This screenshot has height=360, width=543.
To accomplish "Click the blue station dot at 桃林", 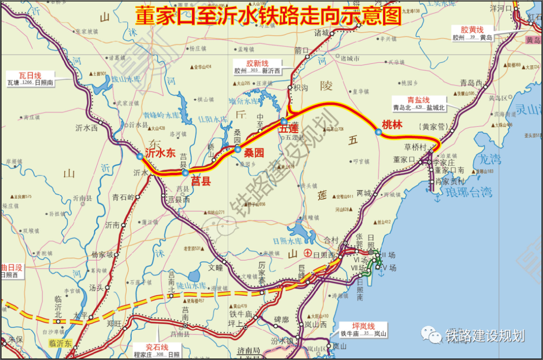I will pyautogui.click(x=378, y=132).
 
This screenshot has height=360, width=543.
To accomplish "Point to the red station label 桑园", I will pyautogui.click(x=254, y=153).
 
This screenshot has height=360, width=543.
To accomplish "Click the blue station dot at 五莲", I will pyautogui.click(x=284, y=122).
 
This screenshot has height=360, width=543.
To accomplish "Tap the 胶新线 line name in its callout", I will pyautogui.click(x=257, y=63).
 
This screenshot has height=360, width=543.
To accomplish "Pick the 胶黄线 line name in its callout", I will pyautogui.click(x=472, y=29).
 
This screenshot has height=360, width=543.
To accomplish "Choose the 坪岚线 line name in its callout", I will pyautogui.click(x=364, y=326).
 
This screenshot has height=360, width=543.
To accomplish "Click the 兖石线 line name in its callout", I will pyautogui.click(x=157, y=347).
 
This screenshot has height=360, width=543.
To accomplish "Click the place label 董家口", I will pyautogui.click(x=405, y=159).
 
